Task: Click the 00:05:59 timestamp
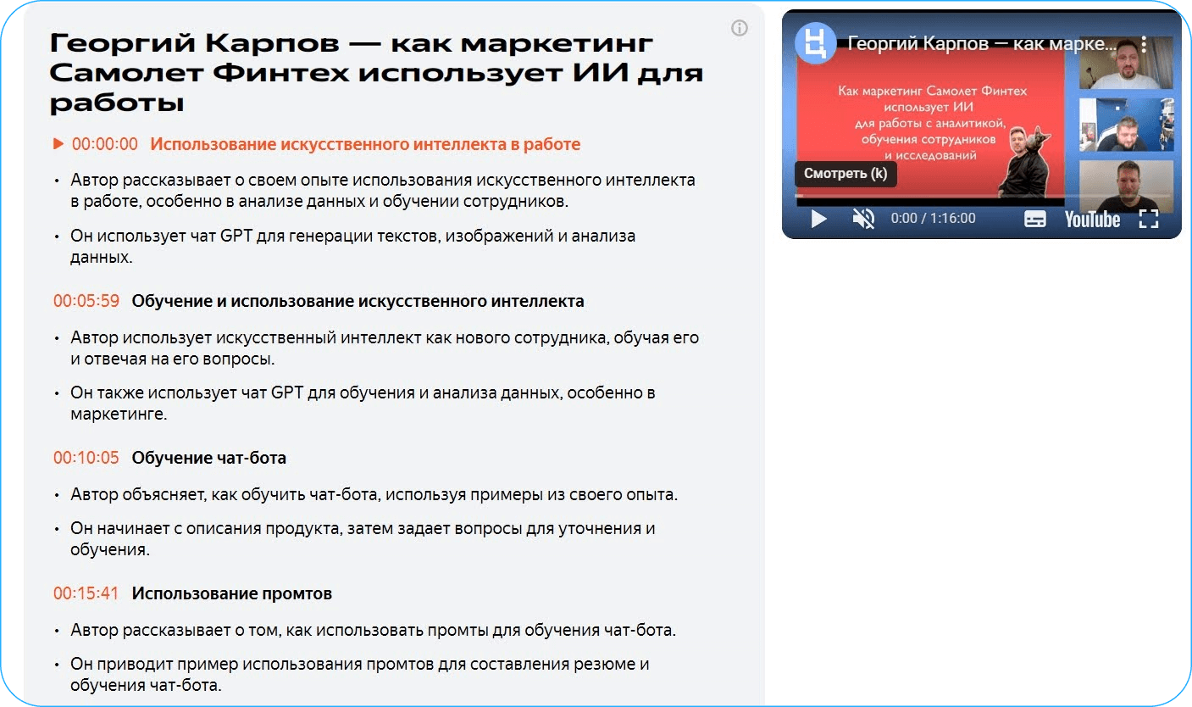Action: click(86, 301)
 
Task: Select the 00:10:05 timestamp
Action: click(86, 458)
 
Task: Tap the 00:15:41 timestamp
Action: click(86, 593)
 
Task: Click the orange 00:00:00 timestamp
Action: click(105, 144)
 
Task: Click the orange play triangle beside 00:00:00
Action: click(58, 144)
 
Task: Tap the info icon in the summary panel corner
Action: click(739, 28)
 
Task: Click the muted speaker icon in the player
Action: click(863, 218)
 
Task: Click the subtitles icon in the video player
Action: click(1034, 219)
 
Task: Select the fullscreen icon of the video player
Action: click(1149, 219)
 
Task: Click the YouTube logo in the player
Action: click(1093, 220)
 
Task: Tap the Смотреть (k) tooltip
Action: click(845, 174)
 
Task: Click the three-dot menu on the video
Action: click(1144, 43)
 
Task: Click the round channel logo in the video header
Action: click(815, 43)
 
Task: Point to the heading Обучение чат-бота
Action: click(209, 458)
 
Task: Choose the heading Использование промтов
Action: click(232, 593)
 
